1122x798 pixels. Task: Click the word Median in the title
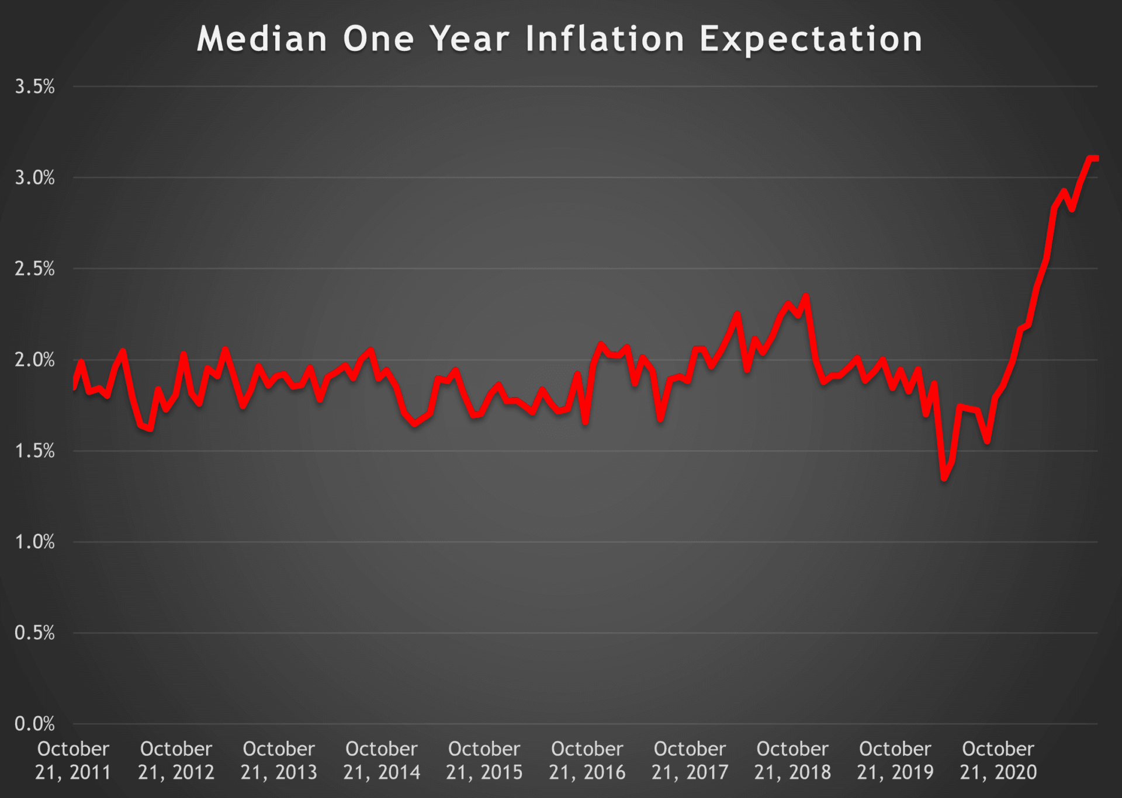pyautogui.click(x=261, y=40)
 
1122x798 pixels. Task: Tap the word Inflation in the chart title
pyautogui.click(x=604, y=40)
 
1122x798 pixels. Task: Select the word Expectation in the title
pyautogui.click(x=811, y=40)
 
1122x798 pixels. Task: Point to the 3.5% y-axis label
pyautogui.click(x=34, y=87)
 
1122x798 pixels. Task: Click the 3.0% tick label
pyautogui.click(x=34, y=178)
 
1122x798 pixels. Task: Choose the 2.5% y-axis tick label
pyautogui.click(x=34, y=269)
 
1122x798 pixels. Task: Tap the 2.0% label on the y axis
pyautogui.click(x=34, y=360)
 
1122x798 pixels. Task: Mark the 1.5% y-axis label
pyautogui.click(x=34, y=451)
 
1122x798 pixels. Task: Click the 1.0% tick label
pyautogui.click(x=34, y=542)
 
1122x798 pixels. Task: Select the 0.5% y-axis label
pyautogui.click(x=34, y=633)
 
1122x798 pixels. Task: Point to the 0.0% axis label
pyautogui.click(x=34, y=724)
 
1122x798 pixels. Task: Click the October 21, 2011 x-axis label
pyautogui.click(x=73, y=761)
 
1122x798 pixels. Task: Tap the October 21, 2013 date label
pyautogui.click(x=279, y=761)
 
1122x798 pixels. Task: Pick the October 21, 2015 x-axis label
pyautogui.click(x=484, y=761)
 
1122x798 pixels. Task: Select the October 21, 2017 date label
pyautogui.click(x=690, y=761)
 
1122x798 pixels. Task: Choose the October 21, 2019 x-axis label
pyautogui.click(x=895, y=761)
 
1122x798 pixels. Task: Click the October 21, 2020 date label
pyautogui.click(x=998, y=761)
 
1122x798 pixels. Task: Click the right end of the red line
pyautogui.click(x=1096, y=158)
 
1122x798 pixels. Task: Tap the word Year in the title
pyautogui.click(x=469, y=40)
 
